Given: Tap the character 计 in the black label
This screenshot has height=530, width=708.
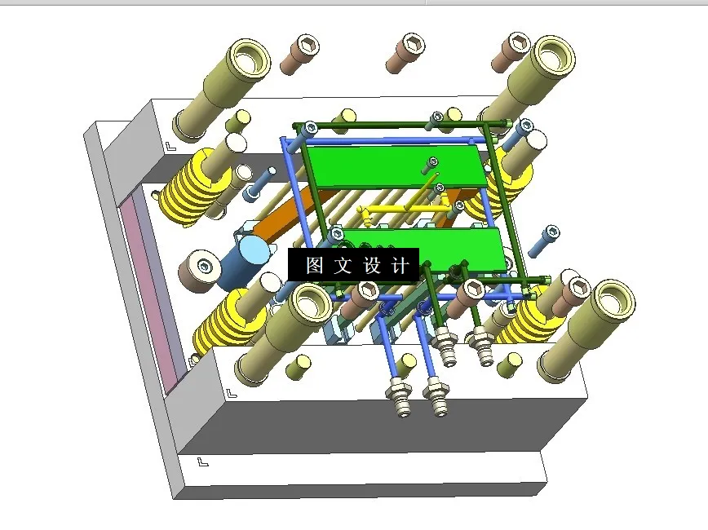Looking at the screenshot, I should click(x=400, y=266).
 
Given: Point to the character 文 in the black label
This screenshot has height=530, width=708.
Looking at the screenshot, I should click(x=343, y=266).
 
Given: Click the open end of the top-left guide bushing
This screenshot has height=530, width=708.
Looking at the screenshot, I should click(x=250, y=58).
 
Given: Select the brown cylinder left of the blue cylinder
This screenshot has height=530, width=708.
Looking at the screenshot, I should click(x=201, y=270).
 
